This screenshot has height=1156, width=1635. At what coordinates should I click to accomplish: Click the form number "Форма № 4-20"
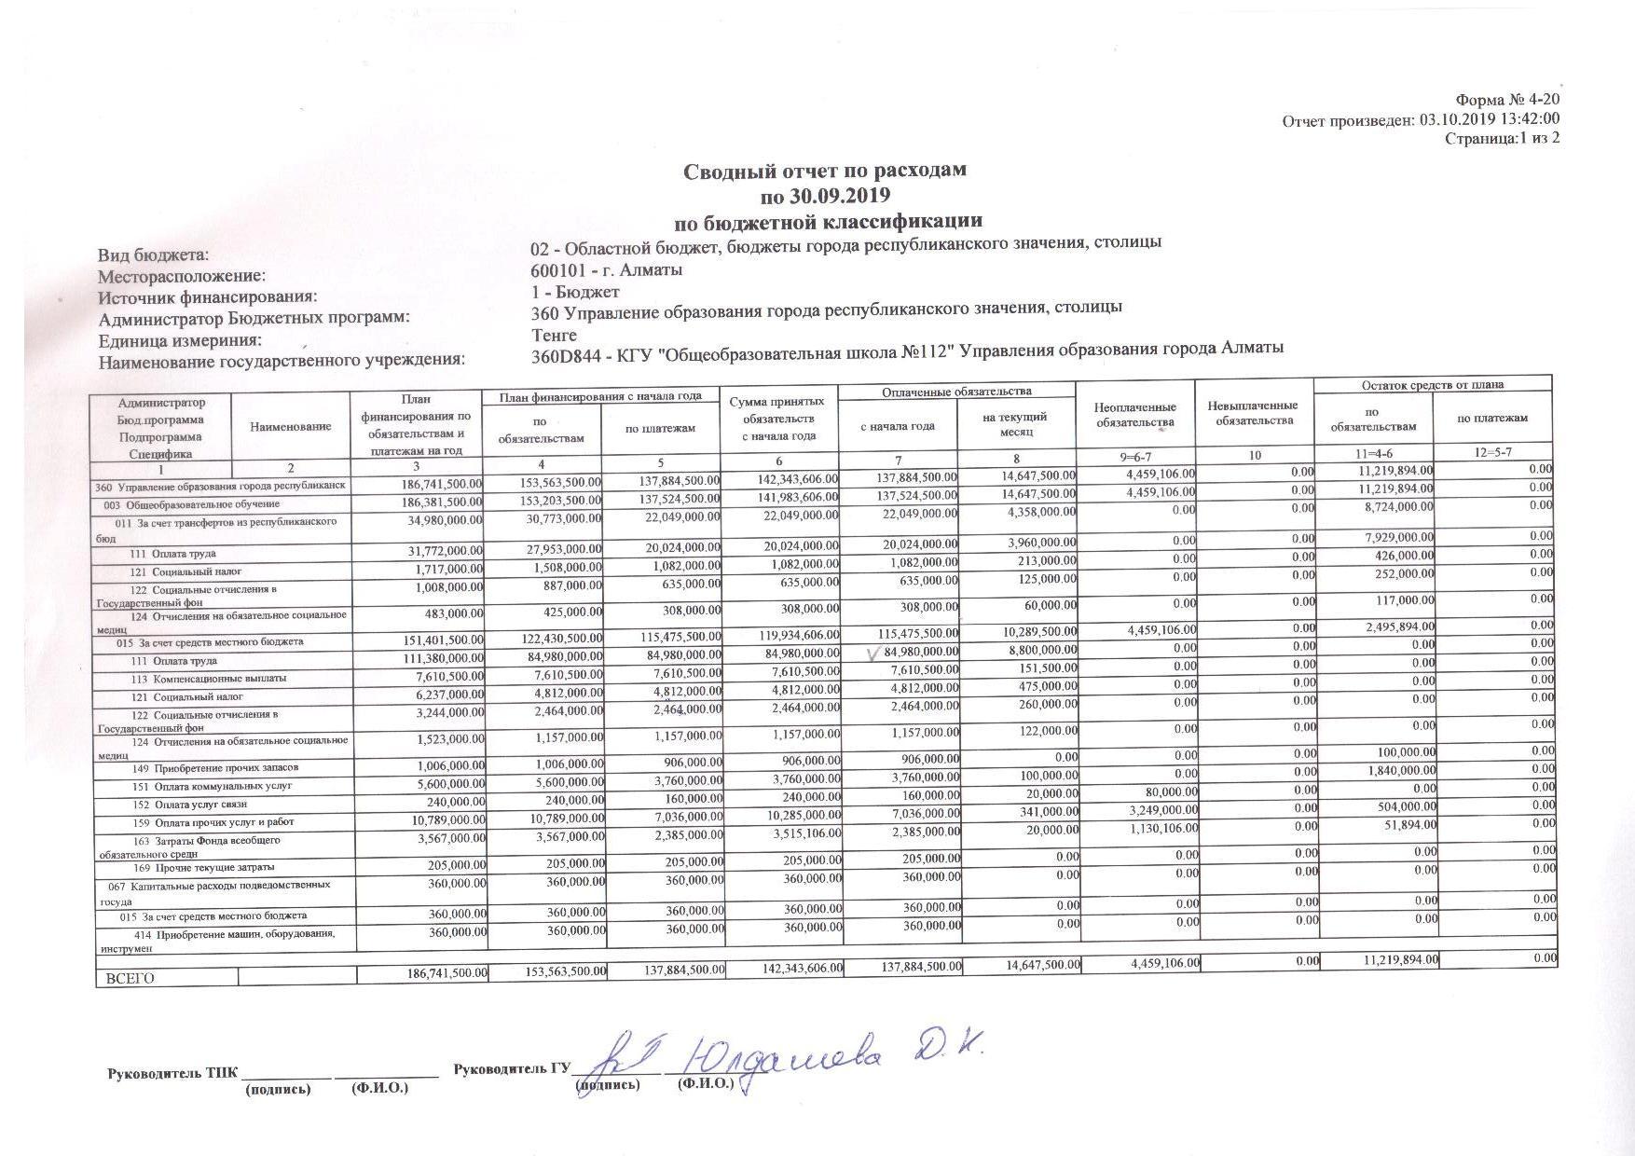tap(1507, 100)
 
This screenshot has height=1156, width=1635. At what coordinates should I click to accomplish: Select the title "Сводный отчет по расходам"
tap(825, 171)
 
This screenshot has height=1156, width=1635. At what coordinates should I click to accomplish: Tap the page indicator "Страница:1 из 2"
tap(1502, 138)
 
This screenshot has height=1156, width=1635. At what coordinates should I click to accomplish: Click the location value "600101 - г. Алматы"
tap(606, 269)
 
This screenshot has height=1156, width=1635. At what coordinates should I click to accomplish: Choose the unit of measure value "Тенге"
tap(554, 335)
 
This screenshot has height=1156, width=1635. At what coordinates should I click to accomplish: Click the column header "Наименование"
tap(290, 426)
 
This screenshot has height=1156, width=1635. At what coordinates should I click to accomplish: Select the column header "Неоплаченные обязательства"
tap(1134, 415)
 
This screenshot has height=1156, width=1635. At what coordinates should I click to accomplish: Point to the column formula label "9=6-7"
tap(1134, 456)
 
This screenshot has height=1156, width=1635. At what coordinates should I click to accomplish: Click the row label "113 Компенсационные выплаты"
tap(208, 679)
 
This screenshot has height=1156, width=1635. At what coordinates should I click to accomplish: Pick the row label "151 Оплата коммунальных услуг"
tap(212, 786)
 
